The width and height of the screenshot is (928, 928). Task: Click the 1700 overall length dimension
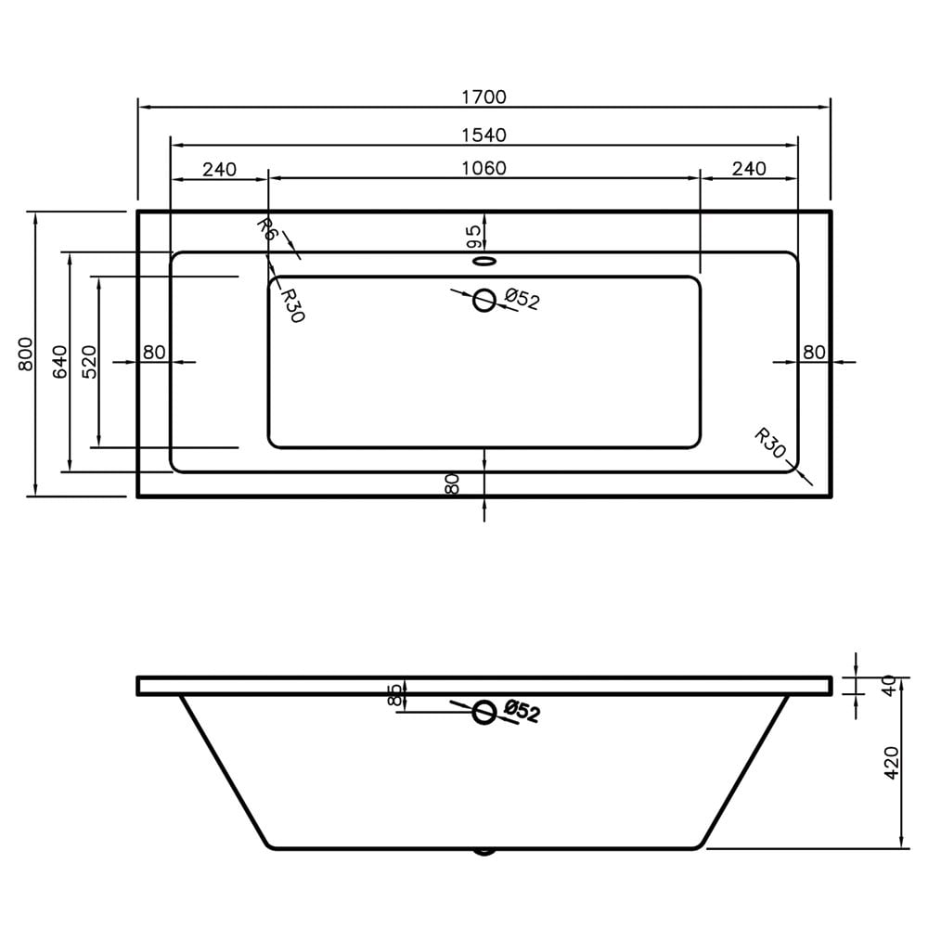click(x=483, y=97)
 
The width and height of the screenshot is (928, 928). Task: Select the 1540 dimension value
click(x=483, y=135)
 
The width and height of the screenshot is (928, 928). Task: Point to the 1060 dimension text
click(x=483, y=168)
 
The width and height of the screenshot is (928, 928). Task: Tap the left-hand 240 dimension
click(x=219, y=169)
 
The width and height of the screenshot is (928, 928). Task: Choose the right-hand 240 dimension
click(x=748, y=168)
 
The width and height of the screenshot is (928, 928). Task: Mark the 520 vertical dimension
click(x=88, y=361)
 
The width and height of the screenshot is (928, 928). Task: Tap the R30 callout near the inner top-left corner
click(x=291, y=304)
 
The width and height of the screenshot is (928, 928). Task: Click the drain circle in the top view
click(x=484, y=300)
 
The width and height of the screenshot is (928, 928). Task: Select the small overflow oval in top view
click(x=484, y=262)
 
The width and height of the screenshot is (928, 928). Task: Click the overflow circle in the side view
click(x=484, y=712)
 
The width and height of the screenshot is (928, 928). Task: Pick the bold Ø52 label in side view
click(x=522, y=712)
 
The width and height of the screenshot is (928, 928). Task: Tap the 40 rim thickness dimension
click(x=889, y=686)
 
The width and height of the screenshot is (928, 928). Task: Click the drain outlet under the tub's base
click(x=484, y=850)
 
